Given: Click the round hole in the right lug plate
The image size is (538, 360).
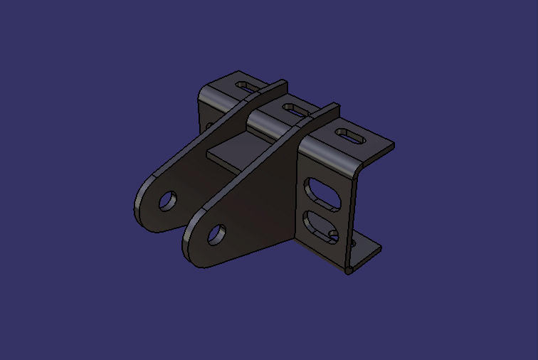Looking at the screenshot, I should pyautogui.click(x=217, y=235).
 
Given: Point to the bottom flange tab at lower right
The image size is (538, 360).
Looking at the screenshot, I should pyautogui.click(x=366, y=250).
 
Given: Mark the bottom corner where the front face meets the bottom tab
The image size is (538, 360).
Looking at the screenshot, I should pyautogui.click(x=348, y=269).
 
